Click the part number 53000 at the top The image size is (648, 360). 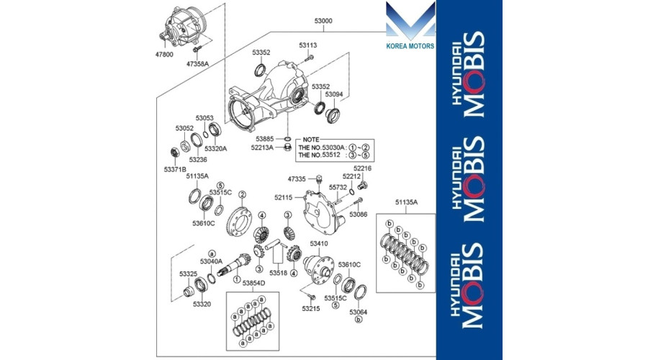coord(323,21)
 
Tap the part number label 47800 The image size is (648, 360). coord(164,55)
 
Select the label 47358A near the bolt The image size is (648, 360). coord(197,64)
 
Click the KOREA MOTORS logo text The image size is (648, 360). coord(410,46)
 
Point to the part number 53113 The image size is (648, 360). coord(308,45)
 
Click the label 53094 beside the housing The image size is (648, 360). coord(334,94)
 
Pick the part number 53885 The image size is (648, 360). coord(264,139)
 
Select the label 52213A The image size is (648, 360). coord(262,147)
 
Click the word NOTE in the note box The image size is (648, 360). coord(311,140)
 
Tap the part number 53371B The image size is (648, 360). coord(175,169)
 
